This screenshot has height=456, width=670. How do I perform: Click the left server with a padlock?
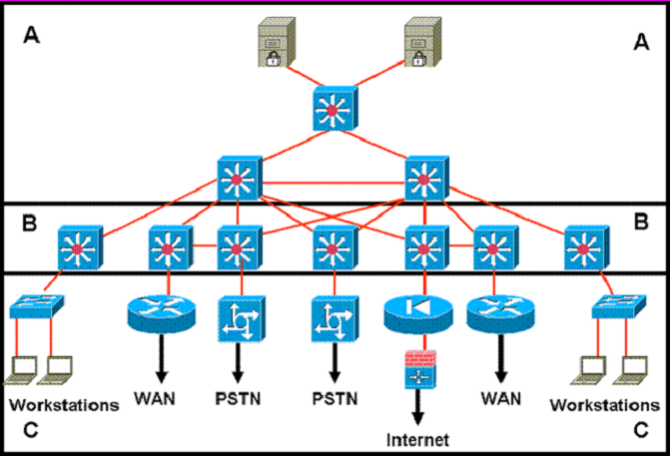click(x=277, y=42)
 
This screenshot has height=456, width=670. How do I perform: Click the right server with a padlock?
click(x=422, y=42)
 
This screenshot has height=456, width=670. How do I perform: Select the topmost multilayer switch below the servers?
click(x=335, y=109)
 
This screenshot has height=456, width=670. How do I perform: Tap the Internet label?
click(x=417, y=440)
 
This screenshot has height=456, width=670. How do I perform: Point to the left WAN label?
click(x=155, y=398)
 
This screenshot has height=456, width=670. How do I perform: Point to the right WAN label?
click(x=501, y=398)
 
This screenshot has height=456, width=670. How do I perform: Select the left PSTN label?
click(x=238, y=399)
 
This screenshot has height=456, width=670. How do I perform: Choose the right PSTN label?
click(x=335, y=399)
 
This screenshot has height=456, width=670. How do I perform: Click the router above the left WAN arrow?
click(x=162, y=313)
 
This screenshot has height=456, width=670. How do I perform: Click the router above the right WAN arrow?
click(x=500, y=314)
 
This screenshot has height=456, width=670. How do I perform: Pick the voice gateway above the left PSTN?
click(x=242, y=318)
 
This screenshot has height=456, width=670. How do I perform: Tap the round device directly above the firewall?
click(x=418, y=314)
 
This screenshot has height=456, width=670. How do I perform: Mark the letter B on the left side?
click(x=30, y=224)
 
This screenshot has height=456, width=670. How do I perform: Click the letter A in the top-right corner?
click(x=641, y=42)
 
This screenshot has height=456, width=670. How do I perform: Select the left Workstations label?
click(x=64, y=405)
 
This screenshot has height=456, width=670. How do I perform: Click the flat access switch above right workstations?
click(x=619, y=305)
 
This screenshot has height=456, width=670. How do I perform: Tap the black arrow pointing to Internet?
click(x=418, y=407)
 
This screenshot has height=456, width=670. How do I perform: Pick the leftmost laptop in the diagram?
click(x=21, y=370)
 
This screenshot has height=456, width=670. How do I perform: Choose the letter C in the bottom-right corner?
click(x=641, y=430)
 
